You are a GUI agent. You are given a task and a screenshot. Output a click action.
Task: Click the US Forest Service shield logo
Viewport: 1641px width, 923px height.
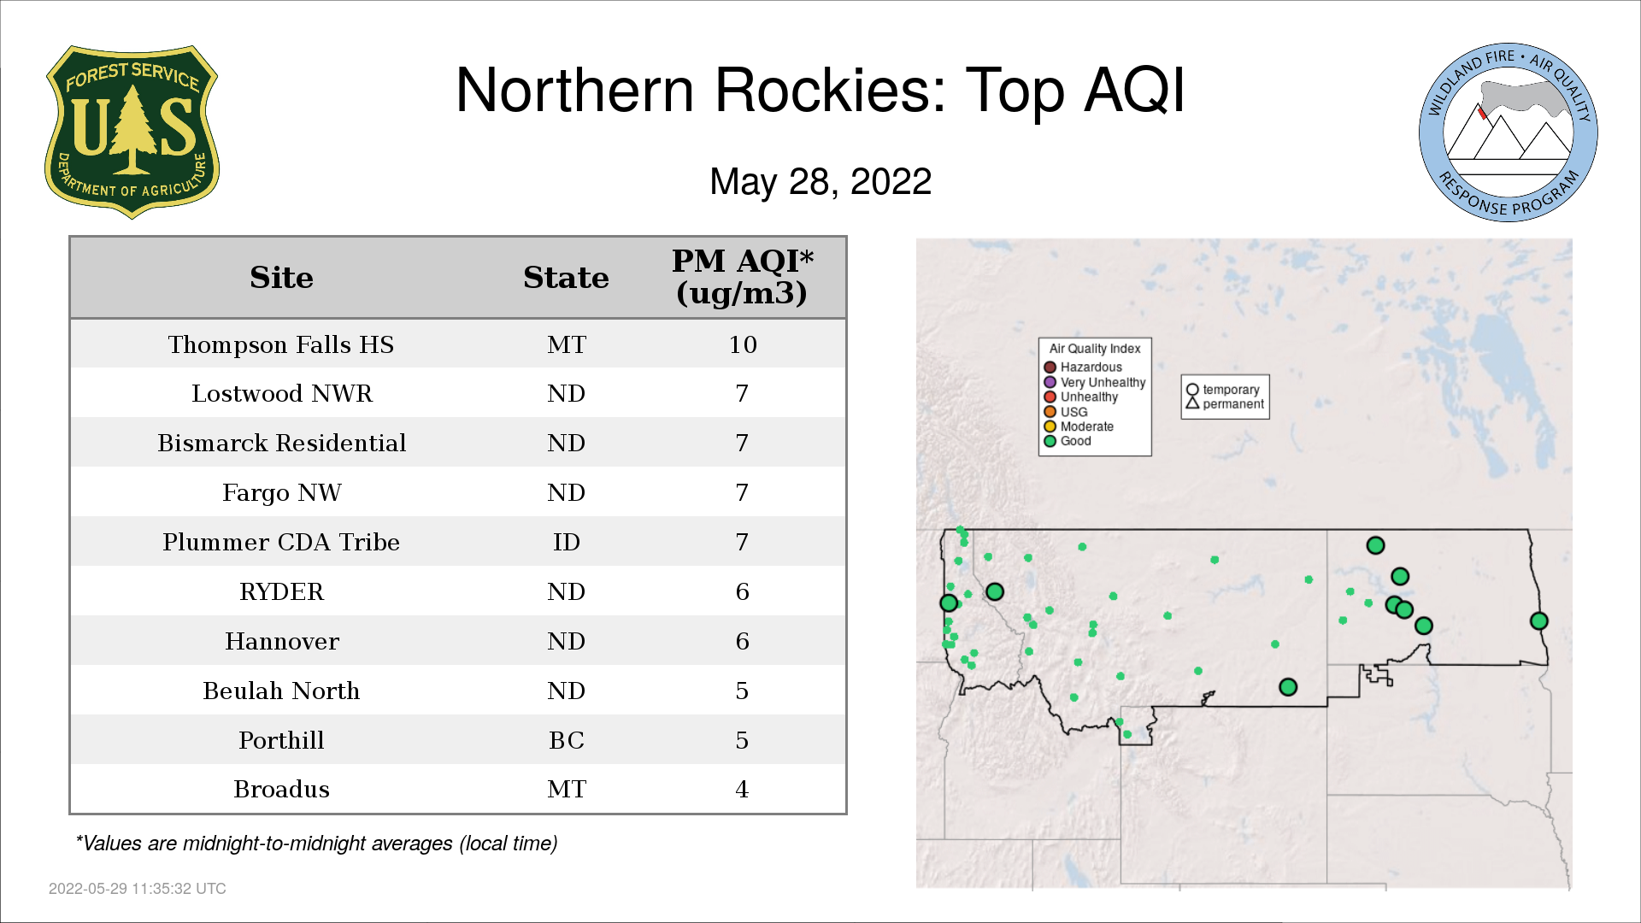tap(132, 132)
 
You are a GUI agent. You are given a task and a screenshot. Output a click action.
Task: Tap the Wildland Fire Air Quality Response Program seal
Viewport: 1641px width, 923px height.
tap(1509, 132)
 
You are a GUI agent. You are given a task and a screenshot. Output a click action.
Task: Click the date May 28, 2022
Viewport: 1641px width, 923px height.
tap(820, 181)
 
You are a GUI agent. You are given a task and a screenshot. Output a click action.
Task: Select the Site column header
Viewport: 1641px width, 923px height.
tap(281, 278)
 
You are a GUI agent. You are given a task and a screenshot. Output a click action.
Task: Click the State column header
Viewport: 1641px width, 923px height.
tap(566, 278)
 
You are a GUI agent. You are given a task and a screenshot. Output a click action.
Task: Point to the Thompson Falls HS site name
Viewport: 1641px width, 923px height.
tap(281, 344)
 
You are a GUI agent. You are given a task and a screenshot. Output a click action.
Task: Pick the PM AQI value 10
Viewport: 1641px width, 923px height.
tap(743, 344)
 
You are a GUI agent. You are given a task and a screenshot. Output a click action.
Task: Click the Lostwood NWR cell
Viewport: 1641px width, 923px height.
tap(282, 394)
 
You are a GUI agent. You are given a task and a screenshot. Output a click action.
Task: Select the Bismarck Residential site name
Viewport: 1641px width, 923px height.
tap(282, 444)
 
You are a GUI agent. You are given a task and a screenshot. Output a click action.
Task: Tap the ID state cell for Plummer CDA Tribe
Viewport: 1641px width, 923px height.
tap(567, 543)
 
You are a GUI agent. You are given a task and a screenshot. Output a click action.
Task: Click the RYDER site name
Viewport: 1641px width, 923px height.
tap(282, 592)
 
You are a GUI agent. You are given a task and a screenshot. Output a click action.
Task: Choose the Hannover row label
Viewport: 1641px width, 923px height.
tap(282, 642)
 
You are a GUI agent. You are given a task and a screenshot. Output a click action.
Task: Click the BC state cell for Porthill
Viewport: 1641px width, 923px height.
tap(567, 741)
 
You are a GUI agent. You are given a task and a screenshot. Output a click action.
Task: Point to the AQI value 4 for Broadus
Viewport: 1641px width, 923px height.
tap(742, 790)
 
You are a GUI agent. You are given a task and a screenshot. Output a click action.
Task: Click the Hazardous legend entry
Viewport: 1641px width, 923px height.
tap(1083, 367)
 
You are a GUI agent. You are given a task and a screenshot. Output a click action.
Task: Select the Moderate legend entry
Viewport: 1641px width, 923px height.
tap(1079, 426)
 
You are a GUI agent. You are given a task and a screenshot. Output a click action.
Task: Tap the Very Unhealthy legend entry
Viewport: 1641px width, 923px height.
tap(1095, 382)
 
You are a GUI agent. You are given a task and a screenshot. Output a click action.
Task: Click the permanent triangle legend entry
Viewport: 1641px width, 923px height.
tap(1225, 404)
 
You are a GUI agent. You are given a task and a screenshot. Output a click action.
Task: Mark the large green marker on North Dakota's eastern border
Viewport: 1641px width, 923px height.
tap(1539, 621)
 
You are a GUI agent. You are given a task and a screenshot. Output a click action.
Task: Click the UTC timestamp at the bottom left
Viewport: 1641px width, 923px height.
tap(138, 889)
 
